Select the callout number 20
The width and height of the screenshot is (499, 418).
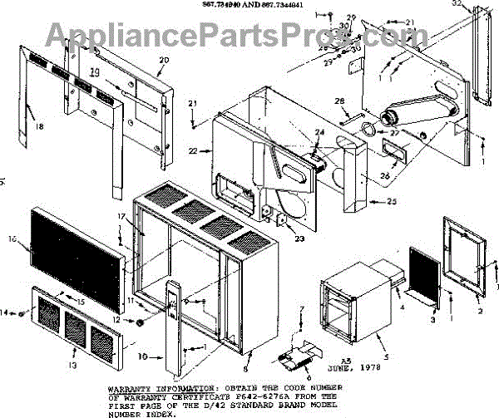[163, 61]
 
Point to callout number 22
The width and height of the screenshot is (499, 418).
[194, 150]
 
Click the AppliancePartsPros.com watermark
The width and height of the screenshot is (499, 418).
[249, 34]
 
